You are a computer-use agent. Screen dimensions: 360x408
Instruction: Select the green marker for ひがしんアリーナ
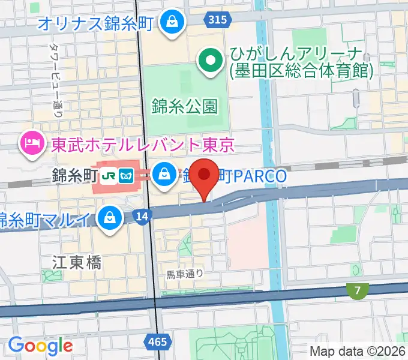(211, 61)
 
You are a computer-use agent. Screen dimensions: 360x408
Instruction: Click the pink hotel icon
(30, 142)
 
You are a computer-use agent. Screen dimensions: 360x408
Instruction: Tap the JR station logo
(109, 175)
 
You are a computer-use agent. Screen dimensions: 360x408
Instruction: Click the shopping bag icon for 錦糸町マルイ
(110, 217)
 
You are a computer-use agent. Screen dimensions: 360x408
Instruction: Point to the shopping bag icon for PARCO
(163, 175)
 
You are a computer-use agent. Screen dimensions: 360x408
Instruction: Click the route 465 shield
(158, 341)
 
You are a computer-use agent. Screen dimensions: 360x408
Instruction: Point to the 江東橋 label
(76, 262)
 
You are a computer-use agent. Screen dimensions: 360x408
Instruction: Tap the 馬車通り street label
(185, 274)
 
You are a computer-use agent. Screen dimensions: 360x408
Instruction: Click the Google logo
(40, 346)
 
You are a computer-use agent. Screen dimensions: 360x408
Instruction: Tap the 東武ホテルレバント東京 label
(142, 145)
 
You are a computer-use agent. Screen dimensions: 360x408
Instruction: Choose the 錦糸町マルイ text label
(48, 219)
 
